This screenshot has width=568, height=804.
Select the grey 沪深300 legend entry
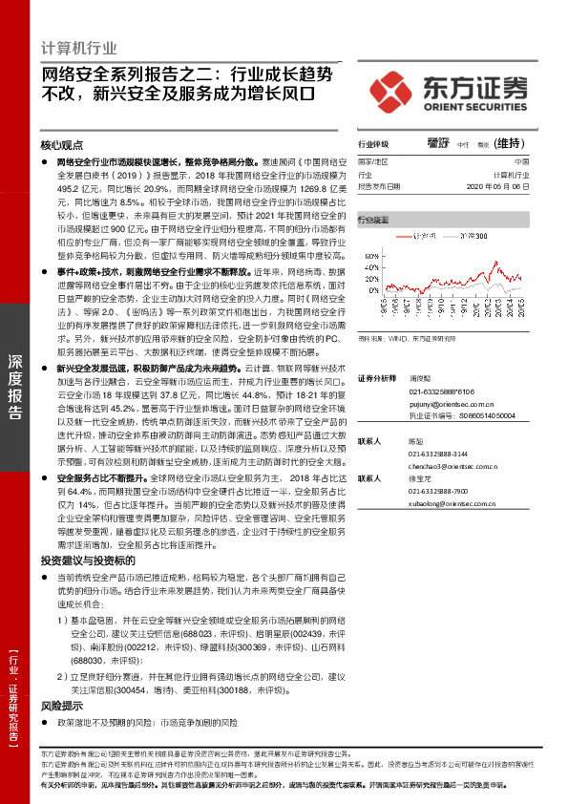pos(473,234)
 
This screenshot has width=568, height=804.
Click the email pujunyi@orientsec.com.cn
pos(451,403)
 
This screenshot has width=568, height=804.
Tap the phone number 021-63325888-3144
pos(437,454)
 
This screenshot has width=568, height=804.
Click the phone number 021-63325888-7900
pos(437,490)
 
